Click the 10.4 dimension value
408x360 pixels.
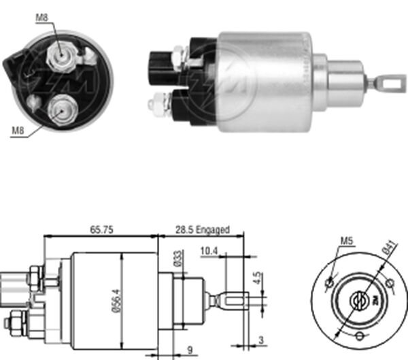(209, 251)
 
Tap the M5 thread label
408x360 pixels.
(346, 240)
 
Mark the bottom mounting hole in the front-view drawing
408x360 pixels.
(359, 336)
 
